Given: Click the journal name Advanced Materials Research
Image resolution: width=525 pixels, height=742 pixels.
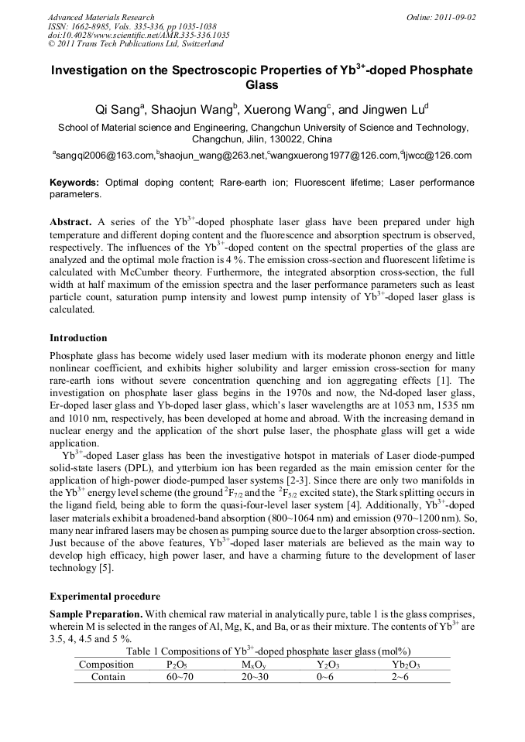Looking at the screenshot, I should tap(101, 17).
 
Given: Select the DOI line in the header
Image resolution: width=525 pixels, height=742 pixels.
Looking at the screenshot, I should tap(139, 35).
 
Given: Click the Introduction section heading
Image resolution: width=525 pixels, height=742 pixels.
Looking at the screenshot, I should tap(78, 338).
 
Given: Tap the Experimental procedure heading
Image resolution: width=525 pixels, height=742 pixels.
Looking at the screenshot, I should tap(105, 597).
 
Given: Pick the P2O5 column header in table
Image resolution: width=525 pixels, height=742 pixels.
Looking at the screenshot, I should tap(177, 665).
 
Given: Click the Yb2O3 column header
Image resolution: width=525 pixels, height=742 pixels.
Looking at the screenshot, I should tap(406, 665).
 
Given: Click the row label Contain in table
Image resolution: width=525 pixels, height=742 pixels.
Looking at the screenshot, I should tap(108, 677).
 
